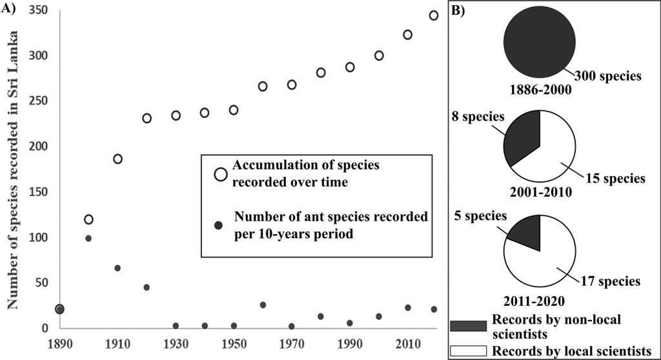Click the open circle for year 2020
(434, 15)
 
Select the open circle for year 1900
(88, 219)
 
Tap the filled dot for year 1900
(88, 238)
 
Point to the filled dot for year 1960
(263, 305)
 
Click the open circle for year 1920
(147, 118)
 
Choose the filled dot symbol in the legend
(218, 225)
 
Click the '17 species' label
(611, 281)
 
